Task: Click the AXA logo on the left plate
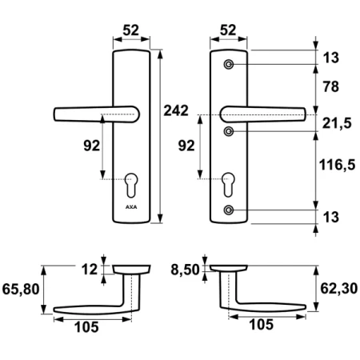pos(131,207)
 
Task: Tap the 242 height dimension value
pos(176,110)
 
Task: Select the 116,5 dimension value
pos(338,165)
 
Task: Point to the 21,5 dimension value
pos(337,123)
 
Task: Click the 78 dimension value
pos(331,86)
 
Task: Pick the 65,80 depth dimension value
pos(21,290)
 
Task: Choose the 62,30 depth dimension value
pos(339,289)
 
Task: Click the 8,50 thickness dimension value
pos(185,270)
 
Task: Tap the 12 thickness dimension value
pos(90,270)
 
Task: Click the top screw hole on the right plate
pos(229,65)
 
